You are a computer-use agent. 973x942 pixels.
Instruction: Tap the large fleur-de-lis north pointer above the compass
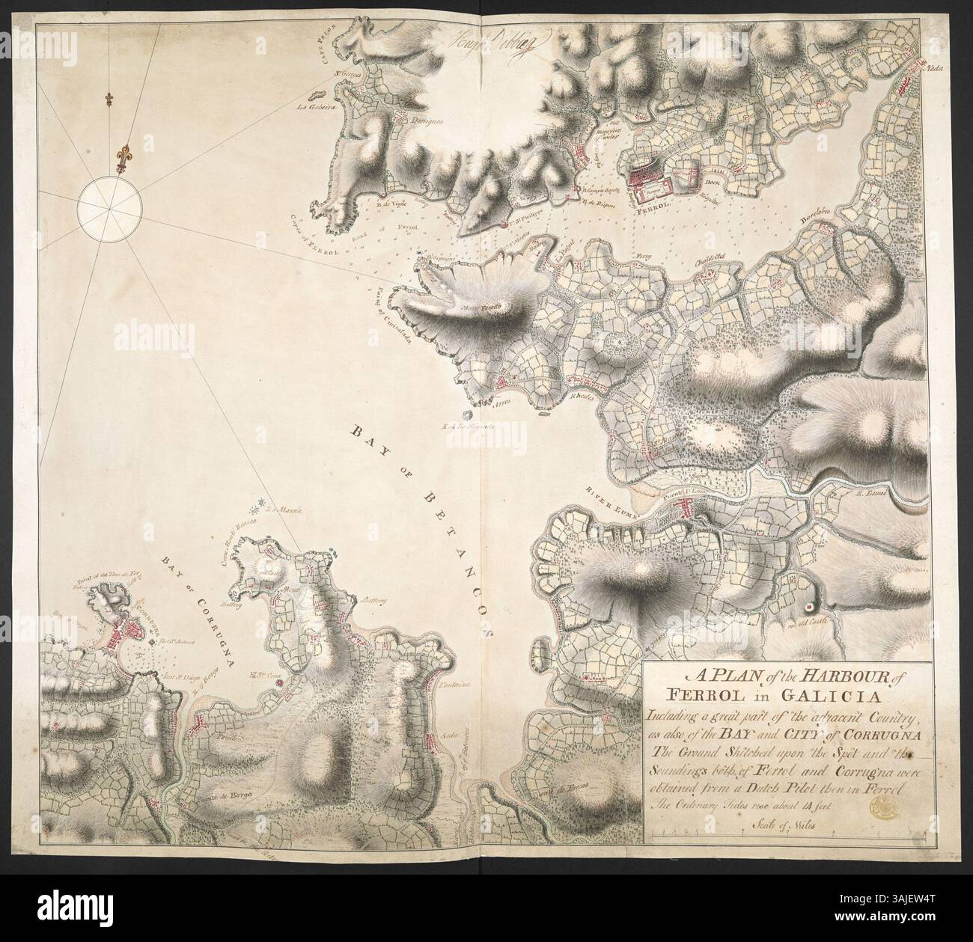click(121, 159)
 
